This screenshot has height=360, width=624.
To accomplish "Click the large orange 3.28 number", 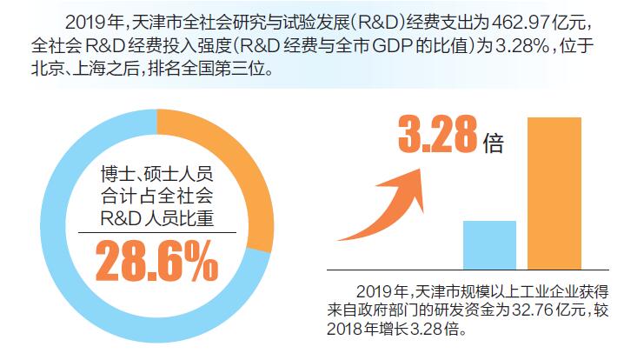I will (438, 137).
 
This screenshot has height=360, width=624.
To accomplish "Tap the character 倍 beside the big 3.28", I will (495, 143).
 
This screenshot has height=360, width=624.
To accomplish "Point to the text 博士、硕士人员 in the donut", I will (156, 171).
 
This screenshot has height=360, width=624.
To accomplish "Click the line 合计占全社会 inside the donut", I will (156, 194).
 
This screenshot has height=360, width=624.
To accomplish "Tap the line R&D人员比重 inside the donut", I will (156, 216).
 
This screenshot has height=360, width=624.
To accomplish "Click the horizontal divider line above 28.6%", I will (156, 231).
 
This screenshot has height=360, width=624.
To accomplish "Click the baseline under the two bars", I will (461, 270).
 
